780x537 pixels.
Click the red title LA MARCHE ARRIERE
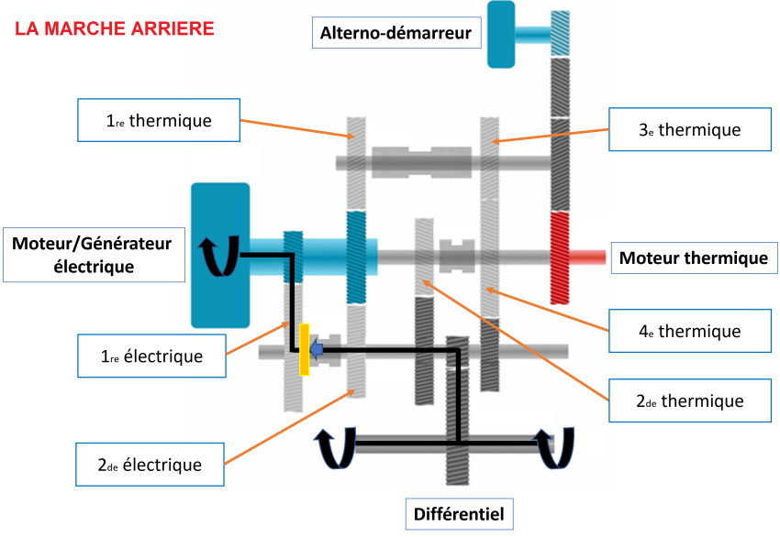[x=115, y=27]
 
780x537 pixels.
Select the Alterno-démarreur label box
[x=396, y=34]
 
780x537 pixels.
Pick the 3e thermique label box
[x=689, y=129]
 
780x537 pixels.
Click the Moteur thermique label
[x=693, y=258]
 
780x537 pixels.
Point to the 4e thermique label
[x=690, y=331]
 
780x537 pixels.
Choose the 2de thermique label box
[x=689, y=400]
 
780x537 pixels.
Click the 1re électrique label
[x=152, y=356]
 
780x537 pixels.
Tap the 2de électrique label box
[x=150, y=465]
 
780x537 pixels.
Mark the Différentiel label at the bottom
[x=459, y=513]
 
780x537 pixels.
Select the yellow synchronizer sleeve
[x=304, y=348]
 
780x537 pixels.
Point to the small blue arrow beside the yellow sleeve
[x=317, y=348]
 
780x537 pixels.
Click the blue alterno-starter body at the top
[x=501, y=34]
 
